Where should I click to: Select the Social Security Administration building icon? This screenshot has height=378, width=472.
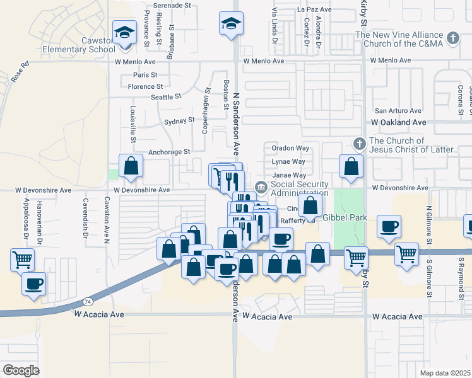[x=261, y=188]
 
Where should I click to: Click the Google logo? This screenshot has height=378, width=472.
[x=21, y=370]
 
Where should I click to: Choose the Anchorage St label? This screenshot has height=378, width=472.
[x=169, y=152]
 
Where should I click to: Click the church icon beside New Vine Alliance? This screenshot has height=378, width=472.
[x=452, y=39]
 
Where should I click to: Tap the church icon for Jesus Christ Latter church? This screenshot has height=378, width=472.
[x=360, y=144]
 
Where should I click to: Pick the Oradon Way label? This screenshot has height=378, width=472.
[x=290, y=148]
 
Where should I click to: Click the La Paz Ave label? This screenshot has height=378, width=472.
[x=314, y=10]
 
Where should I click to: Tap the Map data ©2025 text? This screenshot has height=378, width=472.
[x=445, y=373]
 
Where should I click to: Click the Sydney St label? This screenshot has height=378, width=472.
[x=179, y=121]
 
